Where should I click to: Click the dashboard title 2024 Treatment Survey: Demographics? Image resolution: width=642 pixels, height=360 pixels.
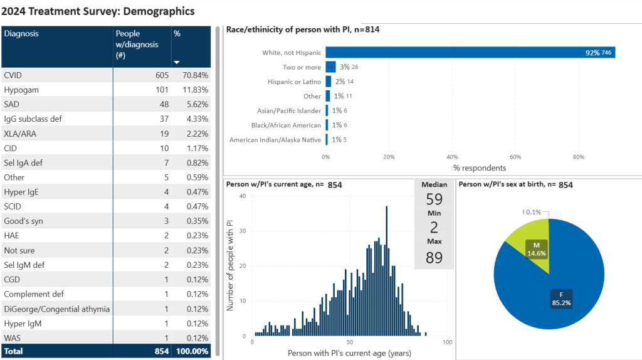98,11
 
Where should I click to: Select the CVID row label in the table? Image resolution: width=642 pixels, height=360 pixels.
13,75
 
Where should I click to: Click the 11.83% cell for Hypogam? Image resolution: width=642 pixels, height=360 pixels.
195,90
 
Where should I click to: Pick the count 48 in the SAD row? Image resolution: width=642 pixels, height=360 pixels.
164,104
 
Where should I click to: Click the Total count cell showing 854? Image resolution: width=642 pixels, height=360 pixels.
162,351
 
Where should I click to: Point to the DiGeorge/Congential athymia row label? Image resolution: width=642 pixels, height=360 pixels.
56,309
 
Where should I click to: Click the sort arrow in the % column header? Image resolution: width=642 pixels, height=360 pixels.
177,62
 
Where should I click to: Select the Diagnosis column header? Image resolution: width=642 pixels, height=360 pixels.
21,34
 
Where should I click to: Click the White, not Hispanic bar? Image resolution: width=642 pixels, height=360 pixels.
470,53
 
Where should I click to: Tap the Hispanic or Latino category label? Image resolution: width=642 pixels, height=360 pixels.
292,82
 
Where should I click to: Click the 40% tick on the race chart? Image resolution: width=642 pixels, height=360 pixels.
452,157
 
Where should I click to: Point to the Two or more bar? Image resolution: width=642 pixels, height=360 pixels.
330,67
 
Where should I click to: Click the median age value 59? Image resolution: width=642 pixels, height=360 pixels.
434,199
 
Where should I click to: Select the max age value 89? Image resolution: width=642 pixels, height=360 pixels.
434,257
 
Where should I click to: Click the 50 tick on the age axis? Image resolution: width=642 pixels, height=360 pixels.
349,342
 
